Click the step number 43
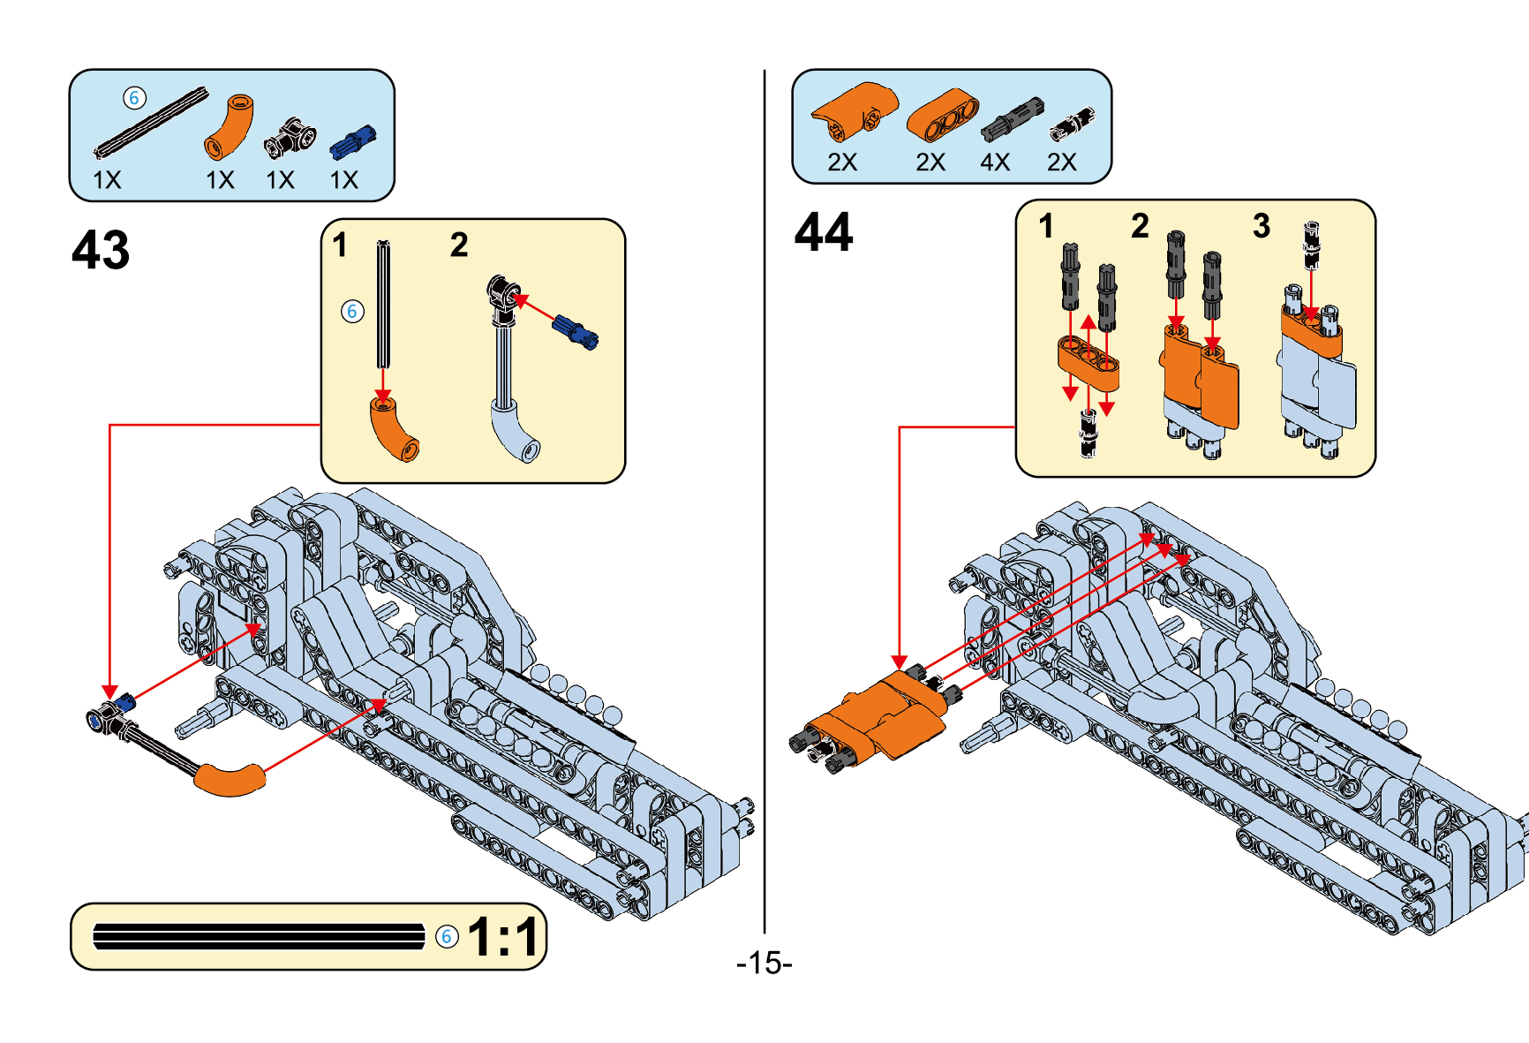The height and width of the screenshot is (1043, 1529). tap(101, 250)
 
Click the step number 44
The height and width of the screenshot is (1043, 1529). tap(824, 232)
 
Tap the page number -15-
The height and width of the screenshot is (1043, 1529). tap(764, 963)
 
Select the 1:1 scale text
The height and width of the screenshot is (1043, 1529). tap(503, 937)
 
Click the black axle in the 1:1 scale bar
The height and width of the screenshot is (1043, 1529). tap(259, 936)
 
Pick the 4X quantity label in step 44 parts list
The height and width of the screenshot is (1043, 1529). tap(995, 162)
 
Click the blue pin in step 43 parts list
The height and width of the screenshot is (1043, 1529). tap(353, 141)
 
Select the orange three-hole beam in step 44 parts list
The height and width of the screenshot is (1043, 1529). tap(943, 116)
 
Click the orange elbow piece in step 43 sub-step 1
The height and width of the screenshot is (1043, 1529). tap(394, 429)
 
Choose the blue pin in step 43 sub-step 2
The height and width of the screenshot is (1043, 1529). tap(576, 330)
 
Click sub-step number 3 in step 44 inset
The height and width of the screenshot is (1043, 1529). tap(1262, 226)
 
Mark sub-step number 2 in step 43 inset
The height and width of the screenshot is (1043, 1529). tap(459, 245)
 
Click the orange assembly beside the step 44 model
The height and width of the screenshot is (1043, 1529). tap(883, 715)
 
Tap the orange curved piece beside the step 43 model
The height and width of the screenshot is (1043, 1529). tap(229, 780)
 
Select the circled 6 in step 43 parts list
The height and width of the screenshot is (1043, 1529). tap(134, 98)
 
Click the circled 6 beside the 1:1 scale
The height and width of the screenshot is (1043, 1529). tap(448, 936)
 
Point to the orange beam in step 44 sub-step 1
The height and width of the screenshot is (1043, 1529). tap(1088, 362)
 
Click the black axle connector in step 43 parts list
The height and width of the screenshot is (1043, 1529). tap(290, 139)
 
